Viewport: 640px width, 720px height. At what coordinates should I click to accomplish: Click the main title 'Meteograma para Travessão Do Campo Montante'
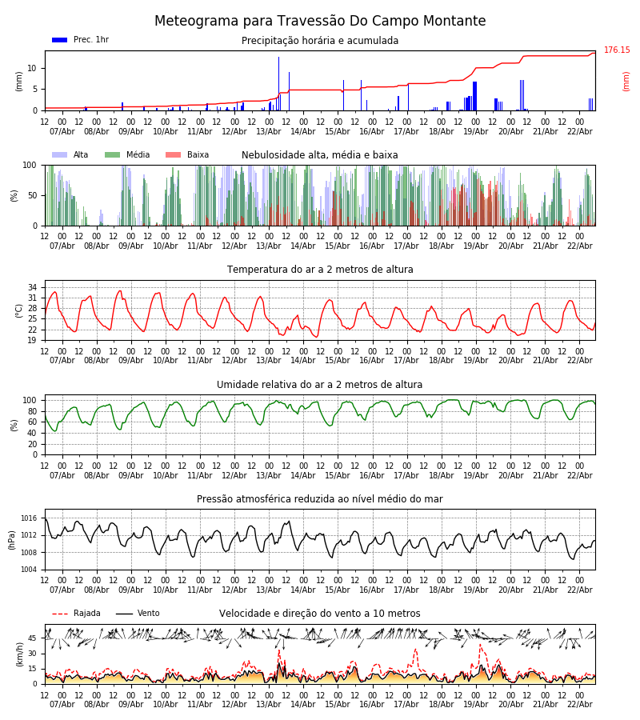(x=320, y=22)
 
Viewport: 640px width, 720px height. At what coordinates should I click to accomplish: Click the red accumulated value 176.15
(x=616, y=50)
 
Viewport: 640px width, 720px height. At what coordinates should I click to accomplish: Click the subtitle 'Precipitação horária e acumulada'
(x=320, y=41)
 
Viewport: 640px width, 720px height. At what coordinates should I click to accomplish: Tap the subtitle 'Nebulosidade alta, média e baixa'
(x=320, y=155)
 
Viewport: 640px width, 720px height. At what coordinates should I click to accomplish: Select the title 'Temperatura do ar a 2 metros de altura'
(x=320, y=270)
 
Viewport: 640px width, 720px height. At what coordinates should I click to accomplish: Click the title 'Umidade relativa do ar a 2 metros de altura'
(x=320, y=385)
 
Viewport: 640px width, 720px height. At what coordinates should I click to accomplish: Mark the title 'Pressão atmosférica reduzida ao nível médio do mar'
(x=320, y=499)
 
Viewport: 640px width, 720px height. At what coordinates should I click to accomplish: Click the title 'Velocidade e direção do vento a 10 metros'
(x=320, y=614)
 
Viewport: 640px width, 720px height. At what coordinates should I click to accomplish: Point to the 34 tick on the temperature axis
(x=32, y=287)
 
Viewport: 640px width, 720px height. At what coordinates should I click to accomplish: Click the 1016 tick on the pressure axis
(x=30, y=518)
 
